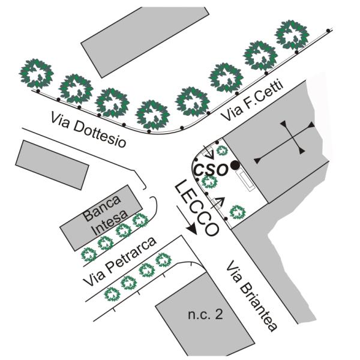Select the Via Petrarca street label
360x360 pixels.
[x=119, y=262]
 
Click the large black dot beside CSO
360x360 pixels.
[x=236, y=164]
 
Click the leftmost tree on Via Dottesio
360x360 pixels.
[x=37, y=74]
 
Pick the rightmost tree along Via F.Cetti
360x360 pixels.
[x=292, y=35]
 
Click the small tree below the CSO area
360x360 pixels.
[x=238, y=211]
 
